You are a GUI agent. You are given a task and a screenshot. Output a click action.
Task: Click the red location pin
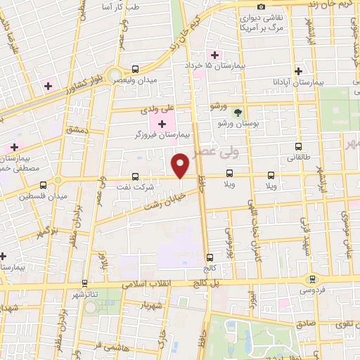[181, 165]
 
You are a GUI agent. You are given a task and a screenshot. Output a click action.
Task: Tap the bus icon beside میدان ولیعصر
[134, 69]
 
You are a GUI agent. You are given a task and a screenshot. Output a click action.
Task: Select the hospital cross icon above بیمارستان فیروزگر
[162, 124]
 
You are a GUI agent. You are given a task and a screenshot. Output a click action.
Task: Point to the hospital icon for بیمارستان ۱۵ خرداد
[212, 55]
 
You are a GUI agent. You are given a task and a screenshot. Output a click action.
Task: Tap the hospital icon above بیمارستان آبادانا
[299, 71]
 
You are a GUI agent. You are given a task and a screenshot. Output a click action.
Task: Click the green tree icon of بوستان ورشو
[238, 112]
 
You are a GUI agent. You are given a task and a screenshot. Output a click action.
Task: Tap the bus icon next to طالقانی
[299, 147]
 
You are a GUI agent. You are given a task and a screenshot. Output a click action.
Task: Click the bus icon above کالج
[209, 257]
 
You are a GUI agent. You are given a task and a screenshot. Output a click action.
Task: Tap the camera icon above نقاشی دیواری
[262, 6]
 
